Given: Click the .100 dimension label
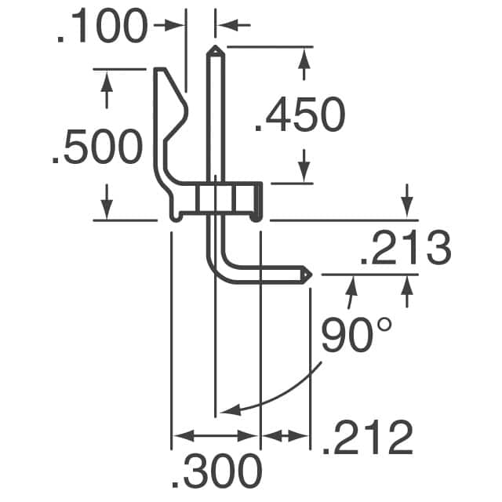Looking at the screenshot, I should (x=101, y=27).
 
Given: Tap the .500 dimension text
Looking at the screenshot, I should (x=96, y=148).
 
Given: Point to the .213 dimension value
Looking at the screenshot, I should (x=405, y=249).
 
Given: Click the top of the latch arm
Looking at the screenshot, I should (x=161, y=72).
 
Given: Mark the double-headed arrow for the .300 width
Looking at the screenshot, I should (x=215, y=435).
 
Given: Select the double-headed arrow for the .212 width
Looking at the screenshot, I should (x=286, y=435).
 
